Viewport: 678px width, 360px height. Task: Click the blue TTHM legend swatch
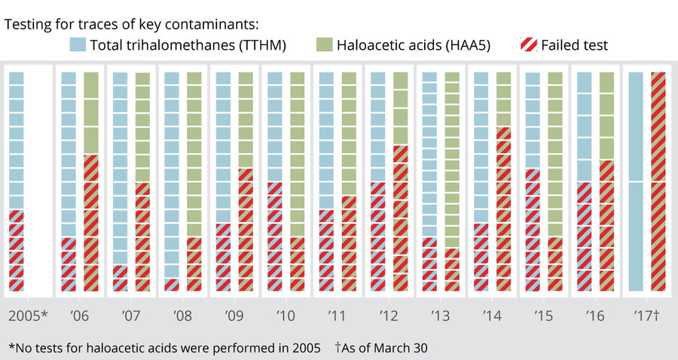click(x=78, y=45)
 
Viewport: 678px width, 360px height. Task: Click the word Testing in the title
click(x=29, y=24)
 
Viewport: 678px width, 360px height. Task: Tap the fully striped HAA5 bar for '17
click(x=658, y=181)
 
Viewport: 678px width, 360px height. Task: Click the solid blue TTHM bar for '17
click(x=635, y=181)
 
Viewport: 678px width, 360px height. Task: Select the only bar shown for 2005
click(x=17, y=181)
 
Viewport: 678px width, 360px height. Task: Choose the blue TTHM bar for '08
click(x=172, y=181)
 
